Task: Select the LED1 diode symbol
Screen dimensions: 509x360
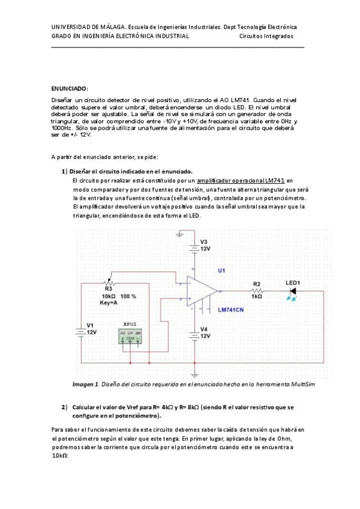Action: (293, 291)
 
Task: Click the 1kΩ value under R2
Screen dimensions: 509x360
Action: (256, 297)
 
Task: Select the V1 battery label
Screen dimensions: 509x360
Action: (91, 325)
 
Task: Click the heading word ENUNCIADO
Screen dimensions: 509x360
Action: (70, 88)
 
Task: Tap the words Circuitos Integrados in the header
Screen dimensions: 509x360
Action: (266, 36)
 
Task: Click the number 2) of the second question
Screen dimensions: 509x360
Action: (64, 407)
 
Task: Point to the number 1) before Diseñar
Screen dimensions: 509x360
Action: (64, 171)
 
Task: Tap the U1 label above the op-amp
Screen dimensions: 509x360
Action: (221, 270)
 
